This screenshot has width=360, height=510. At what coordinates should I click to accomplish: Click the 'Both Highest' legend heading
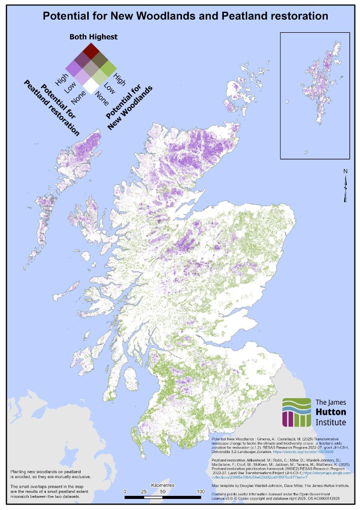click(93, 37)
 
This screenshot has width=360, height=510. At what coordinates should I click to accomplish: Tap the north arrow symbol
click(345, 189)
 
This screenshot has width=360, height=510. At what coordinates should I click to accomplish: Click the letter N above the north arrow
click(345, 171)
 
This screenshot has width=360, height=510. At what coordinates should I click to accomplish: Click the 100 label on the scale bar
click(200, 491)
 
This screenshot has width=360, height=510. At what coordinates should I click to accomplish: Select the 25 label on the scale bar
click(144, 491)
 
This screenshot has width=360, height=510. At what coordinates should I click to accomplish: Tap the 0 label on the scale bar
click(125, 491)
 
